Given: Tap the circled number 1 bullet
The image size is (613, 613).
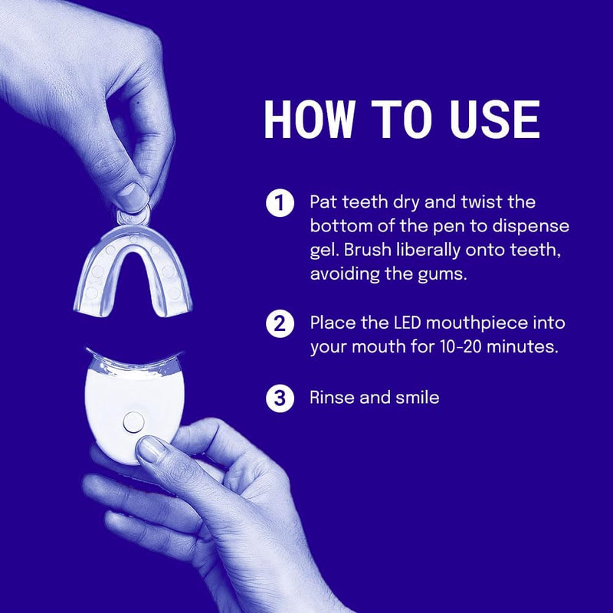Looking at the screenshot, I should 280,203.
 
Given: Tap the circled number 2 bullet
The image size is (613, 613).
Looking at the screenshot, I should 280,323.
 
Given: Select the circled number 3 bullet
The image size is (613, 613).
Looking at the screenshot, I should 280,398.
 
